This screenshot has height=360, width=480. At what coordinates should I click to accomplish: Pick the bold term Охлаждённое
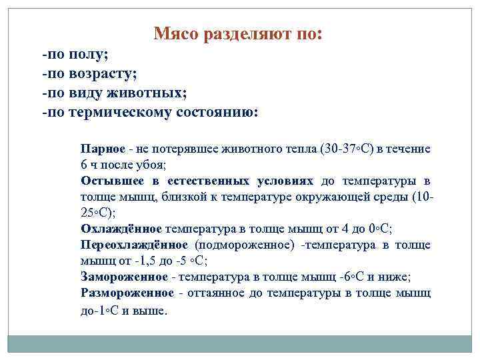click(x=121, y=228)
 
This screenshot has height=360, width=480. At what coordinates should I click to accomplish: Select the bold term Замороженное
click(x=124, y=277)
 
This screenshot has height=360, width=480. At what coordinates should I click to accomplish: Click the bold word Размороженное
click(x=127, y=293)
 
